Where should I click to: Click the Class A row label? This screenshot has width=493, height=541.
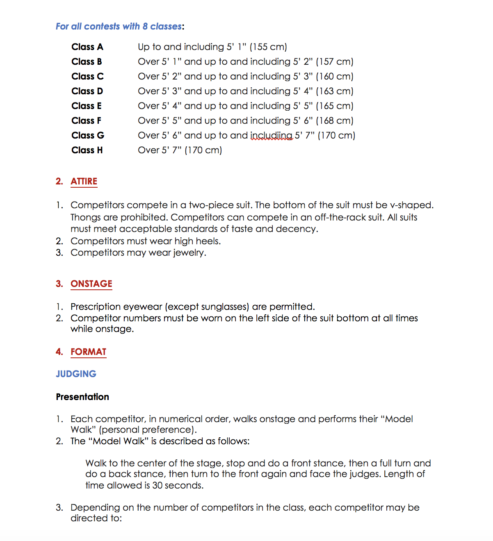tap(87, 47)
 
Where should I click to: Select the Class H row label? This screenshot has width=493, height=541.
tap(87, 150)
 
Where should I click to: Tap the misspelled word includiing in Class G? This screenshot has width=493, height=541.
tap(272, 135)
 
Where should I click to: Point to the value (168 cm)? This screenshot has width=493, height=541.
tap(334, 120)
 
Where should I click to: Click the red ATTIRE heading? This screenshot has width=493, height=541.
tap(84, 181)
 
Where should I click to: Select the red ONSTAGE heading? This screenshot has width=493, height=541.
tap(91, 284)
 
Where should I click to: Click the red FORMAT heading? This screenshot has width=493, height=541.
tap(88, 352)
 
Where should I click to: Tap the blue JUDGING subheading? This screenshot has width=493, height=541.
tap(76, 374)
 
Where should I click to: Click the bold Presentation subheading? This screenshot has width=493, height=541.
tap(82, 397)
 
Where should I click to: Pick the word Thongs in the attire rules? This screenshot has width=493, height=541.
tap(85, 217)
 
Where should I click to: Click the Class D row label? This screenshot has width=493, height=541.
tap(87, 91)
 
